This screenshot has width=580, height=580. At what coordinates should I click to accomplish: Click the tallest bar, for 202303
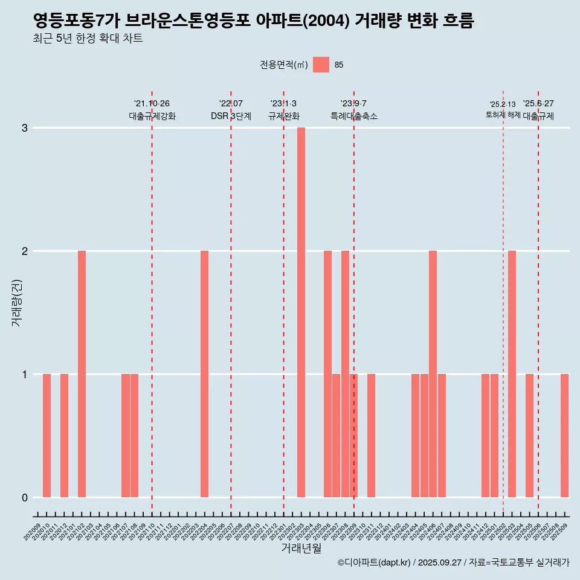(x=301, y=312)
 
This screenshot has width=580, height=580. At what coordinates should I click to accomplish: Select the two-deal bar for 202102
(x=82, y=374)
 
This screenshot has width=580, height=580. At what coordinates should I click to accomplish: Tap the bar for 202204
(x=204, y=374)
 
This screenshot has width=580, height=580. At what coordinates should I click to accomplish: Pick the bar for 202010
(x=47, y=436)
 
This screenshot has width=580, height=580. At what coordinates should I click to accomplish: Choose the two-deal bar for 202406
(x=433, y=374)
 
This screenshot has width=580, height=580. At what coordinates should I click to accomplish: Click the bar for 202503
(x=512, y=374)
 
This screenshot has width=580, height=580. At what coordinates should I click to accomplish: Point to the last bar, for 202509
(x=564, y=436)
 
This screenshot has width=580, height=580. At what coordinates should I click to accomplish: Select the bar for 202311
(x=371, y=436)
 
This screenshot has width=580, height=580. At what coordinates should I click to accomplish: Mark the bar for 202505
(x=529, y=436)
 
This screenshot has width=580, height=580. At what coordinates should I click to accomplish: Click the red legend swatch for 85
(x=321, y=65)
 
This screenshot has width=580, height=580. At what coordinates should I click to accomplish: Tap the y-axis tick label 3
(x=25, y=128)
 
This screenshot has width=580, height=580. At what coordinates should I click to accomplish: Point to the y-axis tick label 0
(x=25, y=498)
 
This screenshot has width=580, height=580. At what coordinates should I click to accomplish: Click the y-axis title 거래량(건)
(x=16, y=302)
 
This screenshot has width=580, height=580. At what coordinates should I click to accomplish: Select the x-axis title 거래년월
(x=301, y=548)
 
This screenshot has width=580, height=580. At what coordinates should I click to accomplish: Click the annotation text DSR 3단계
(x=231, y=116)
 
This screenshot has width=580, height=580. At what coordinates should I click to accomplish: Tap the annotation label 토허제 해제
(x=503, y=115)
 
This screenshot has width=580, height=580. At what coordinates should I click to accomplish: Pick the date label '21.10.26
(x=152, y=104)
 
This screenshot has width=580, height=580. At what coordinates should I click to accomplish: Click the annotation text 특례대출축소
(x=354, y=116)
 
